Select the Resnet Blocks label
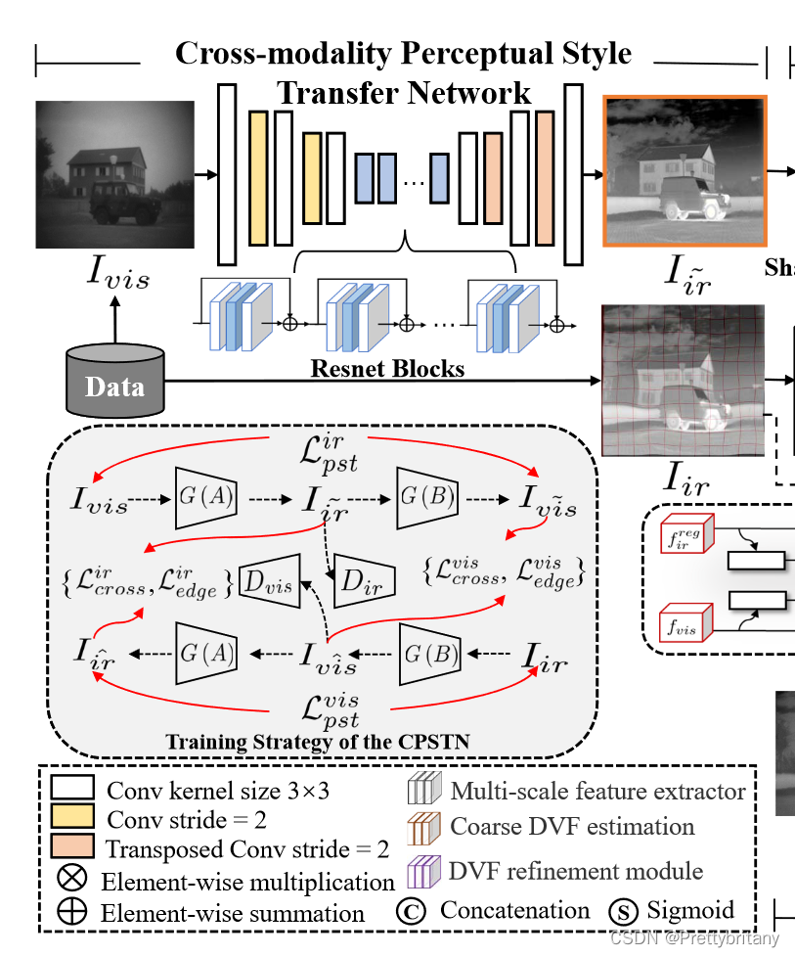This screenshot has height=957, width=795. [387, 368]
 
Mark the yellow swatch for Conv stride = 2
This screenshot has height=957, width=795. [65, 817]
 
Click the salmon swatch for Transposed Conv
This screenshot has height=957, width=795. [65, 846]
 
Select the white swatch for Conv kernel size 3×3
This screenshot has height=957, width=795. [65, 789]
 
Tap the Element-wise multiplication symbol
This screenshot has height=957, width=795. [71, 879]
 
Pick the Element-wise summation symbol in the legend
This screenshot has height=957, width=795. [71, 912]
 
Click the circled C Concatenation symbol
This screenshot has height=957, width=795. [413, 911]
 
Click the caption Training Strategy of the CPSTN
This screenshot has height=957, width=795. [317, 742]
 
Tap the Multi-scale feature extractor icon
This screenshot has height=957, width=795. [423, 790]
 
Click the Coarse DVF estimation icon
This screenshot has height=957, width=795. [423, 829]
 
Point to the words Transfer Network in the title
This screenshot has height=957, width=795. [404, 93]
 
